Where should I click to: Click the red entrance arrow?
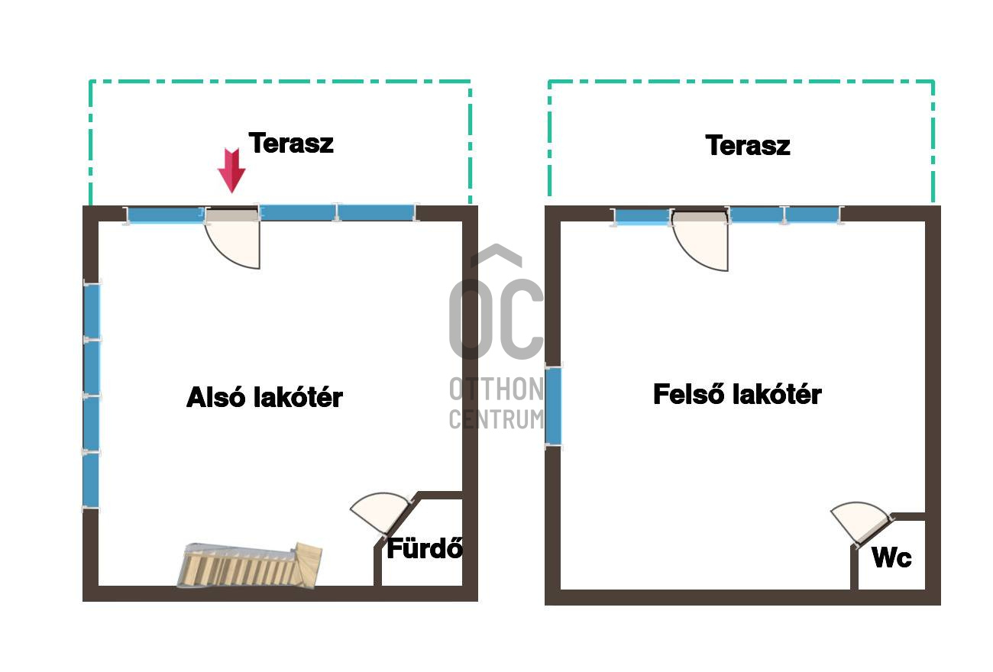tap(231, 170)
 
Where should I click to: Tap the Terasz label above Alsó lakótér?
tap(291, 143)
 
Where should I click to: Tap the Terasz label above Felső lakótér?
tap(747, 145)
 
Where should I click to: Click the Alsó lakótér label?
tap(264, 397)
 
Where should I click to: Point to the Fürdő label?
tap(425, 548)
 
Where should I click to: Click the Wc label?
tap(891, 557)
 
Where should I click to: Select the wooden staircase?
tap(250, 565)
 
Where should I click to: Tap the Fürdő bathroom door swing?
tap(381, 511)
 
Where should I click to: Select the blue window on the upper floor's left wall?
tap(553, 406)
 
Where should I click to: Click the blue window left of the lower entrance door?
tap(166, 215)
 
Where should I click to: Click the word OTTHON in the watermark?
tap(496, 389)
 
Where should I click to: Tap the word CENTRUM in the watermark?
tap(496, 419)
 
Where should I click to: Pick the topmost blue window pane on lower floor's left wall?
tap(92, 311)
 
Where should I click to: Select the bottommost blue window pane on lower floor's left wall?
tap(91, 480)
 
